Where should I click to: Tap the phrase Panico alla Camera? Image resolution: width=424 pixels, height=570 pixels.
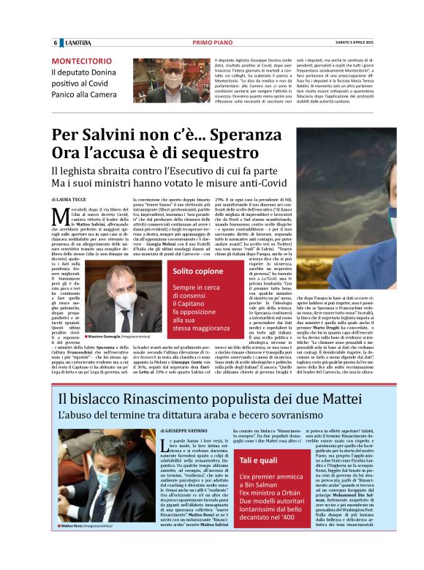click(83, 94)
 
